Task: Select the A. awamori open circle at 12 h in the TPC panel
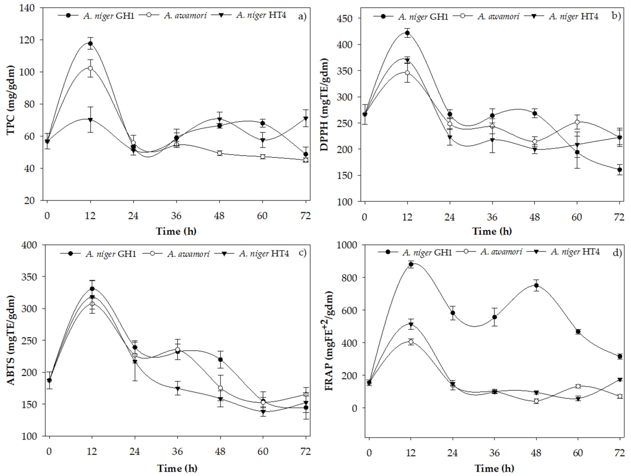90,68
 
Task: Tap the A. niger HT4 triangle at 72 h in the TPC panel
306,119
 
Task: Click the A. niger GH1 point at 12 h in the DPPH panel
407,33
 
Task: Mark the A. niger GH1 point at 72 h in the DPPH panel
619,170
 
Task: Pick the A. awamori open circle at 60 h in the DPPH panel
577,122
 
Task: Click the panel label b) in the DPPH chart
616,16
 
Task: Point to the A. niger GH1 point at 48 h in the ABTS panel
220,360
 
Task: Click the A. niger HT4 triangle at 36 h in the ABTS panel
178,389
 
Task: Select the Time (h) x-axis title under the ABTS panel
177,468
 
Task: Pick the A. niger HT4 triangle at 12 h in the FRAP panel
411,324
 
